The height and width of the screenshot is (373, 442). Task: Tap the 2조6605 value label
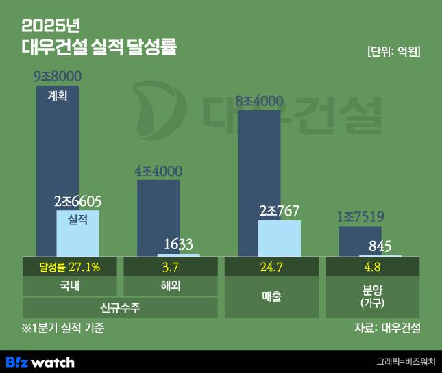point(77,201)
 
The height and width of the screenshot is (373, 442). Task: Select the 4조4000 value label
point(158,171)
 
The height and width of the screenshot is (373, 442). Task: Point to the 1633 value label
point(178,244)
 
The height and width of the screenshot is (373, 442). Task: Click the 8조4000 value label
point(259,101)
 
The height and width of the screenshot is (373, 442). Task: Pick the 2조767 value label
point(279,211)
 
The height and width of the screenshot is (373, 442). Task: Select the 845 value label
point(380,246)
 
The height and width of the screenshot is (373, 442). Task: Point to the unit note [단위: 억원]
point(393,52)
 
